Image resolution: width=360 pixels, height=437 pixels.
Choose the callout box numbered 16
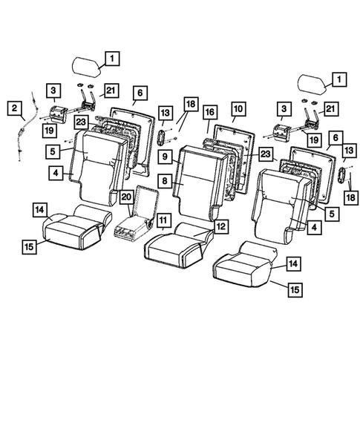(x=210, y=112)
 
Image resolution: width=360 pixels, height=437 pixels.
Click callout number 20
(x=127, y=197)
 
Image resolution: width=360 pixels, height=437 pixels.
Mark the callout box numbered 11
(x=162, y=220)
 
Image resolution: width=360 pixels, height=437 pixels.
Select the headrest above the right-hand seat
(x=315, y=83)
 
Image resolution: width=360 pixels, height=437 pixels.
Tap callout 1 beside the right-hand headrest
(x=337, y=78)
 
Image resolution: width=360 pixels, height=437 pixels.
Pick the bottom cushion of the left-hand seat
(x=71, y=226)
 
